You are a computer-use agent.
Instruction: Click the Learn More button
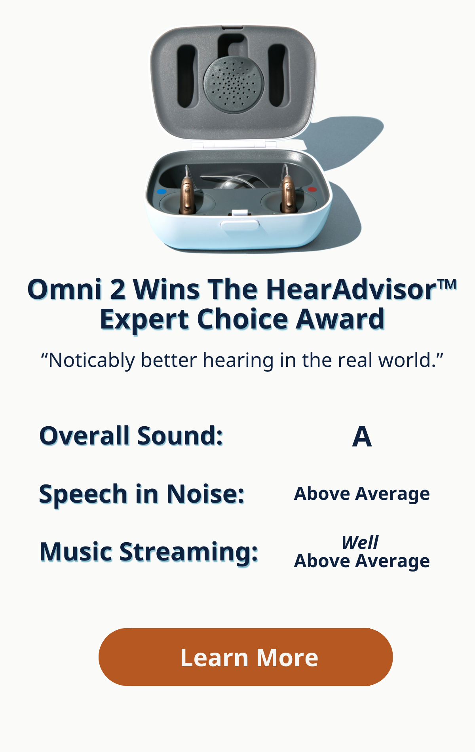(x=245, y=657)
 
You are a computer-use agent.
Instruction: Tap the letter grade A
(x=362, y=437)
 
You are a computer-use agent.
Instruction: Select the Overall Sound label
(x=131, y=436)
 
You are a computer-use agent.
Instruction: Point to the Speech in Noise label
(x=142, y=494)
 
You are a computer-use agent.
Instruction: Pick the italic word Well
(x=360, y=542)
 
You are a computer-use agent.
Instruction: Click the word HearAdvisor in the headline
(x=351, y=289)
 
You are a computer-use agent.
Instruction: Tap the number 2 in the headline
(x=118, y=289)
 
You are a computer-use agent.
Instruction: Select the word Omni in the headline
(x=65, y=289)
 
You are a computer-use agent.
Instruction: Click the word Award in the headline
(x=340, y=319)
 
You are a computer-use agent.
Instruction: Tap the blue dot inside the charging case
(x=161, y=192)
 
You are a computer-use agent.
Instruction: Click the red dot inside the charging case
(x=312, y=189)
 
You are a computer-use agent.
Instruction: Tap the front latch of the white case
(x=239, y=225)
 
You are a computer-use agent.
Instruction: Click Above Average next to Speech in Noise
(x=362, y=494)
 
